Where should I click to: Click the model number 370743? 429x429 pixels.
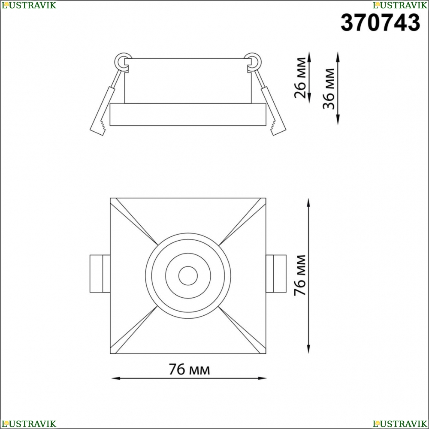[x=380, y=23]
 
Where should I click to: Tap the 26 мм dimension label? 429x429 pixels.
[x=300, y=78]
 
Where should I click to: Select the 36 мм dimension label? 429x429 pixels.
[x=329, y=89]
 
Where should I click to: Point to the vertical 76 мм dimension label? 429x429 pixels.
[x=299, y=275]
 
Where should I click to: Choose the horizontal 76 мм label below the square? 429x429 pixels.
[x=189, y=369]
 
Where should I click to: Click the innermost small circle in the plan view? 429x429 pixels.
[x=188, y=275]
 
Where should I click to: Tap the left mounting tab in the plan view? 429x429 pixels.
[x=100, y=274]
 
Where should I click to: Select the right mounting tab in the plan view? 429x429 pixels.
[x=276, y=274]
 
